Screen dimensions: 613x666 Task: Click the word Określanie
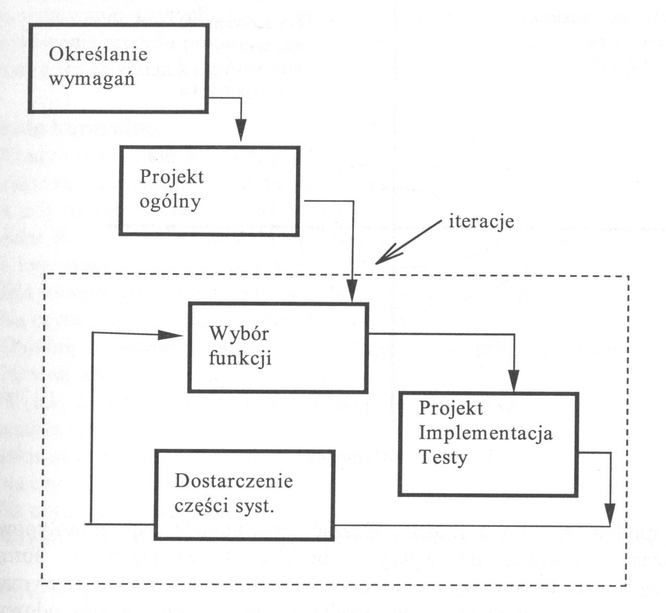98,55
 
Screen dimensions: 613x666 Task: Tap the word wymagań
92,80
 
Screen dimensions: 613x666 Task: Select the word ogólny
170,201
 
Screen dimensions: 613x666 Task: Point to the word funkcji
240,359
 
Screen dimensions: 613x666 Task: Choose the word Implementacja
486,433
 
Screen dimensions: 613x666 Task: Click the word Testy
443,458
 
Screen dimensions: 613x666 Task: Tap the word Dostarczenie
234,481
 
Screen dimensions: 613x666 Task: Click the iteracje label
481,221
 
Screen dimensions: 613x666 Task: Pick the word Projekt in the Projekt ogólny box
172,177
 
